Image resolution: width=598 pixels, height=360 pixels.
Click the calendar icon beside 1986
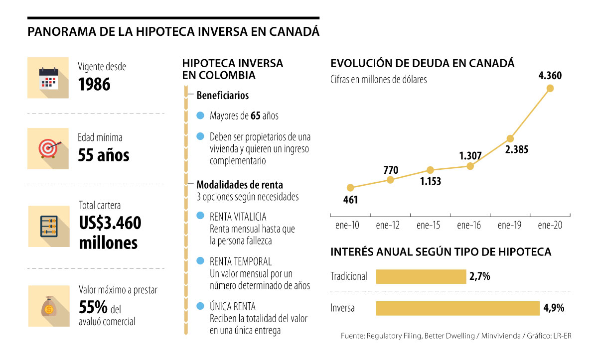48,78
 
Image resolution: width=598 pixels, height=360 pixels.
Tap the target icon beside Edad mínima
48,148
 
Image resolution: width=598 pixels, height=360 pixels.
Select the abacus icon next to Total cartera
48,226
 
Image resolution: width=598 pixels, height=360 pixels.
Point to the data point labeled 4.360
550,88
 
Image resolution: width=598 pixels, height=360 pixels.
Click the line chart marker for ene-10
350,188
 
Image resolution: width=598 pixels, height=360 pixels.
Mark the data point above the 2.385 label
510,138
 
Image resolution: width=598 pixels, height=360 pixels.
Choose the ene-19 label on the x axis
510,225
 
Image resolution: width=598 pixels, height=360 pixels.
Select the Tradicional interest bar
421,276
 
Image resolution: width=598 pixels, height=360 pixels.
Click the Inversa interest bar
457,308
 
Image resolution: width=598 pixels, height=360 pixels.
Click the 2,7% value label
479,276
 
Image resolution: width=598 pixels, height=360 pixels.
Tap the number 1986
94,84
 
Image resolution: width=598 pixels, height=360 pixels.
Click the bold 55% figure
92,307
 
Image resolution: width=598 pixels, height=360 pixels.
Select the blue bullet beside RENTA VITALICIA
200,216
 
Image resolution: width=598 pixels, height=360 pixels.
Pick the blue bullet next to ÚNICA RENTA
200,306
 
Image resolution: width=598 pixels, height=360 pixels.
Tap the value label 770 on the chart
391,170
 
